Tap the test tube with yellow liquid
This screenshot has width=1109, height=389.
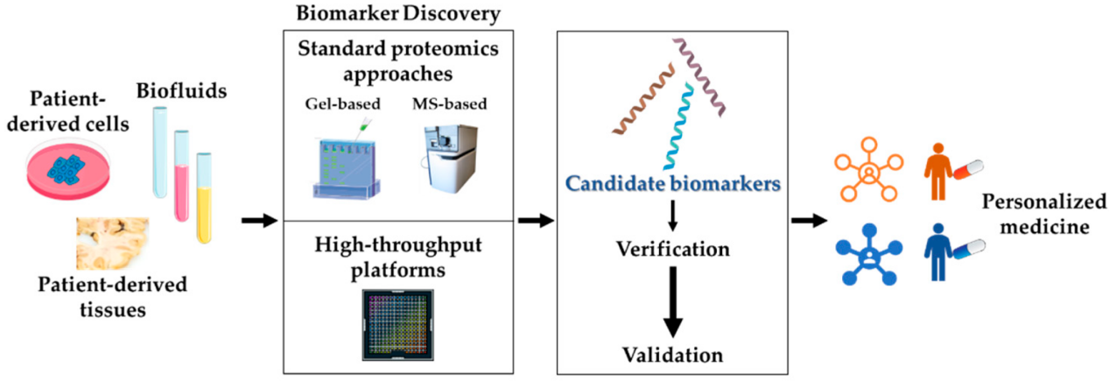204,197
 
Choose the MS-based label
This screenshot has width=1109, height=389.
450,105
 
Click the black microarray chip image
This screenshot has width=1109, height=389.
397,323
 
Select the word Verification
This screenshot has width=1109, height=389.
672,249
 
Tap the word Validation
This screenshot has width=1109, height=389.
672,355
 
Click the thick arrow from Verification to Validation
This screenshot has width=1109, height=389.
672,302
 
